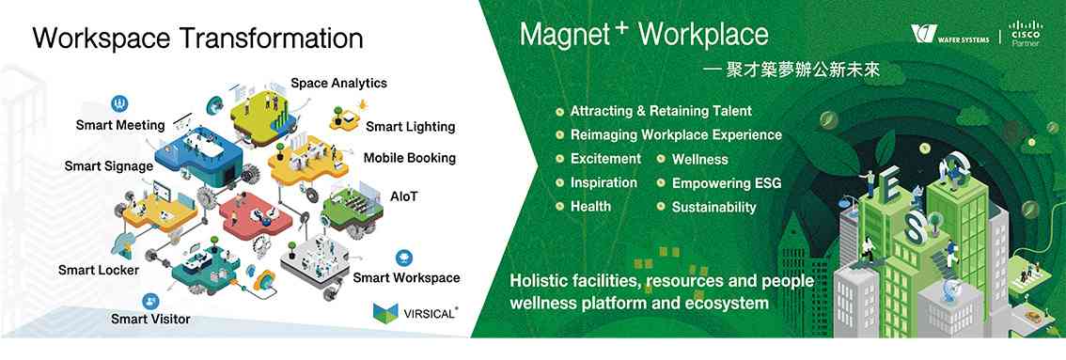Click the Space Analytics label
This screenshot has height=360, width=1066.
coord(338,84)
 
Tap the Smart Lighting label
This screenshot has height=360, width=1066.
coord(411,127)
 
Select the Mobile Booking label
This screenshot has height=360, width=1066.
coord(409,158)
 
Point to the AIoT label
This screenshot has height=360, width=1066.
coord(404,196)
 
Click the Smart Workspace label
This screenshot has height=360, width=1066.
coord(406,278)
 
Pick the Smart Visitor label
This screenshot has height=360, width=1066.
coord(151,319)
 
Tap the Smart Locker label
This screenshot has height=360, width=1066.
coord(99,271)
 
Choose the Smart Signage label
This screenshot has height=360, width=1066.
coord(109,166)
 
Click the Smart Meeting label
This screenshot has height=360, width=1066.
coord(120,126)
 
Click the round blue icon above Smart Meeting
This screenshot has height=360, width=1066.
coord(119,104)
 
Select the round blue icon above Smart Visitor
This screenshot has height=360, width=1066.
coord(150,301)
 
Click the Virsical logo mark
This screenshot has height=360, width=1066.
coord(385,312)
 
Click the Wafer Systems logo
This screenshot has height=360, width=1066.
coord(950,34)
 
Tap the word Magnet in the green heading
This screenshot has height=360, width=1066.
coord(564,35)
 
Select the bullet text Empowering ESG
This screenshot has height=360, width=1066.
coord(726,183)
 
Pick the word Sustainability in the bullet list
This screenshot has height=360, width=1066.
coord(713,208)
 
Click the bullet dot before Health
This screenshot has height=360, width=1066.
coord(559,207)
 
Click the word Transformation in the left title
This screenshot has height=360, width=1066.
coord(272,38)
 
